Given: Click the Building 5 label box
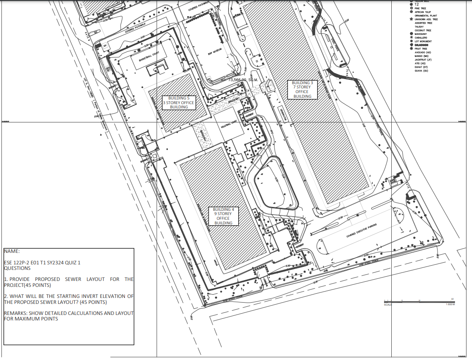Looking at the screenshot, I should coord(179,102).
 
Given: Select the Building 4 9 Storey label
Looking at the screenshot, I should coord(223,216).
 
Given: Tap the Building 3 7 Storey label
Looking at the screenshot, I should coord(302,89).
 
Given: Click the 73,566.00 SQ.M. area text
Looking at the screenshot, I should coord(243,79).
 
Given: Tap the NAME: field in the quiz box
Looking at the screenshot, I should coord(12,251).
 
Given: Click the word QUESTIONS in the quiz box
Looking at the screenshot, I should coord(17,268).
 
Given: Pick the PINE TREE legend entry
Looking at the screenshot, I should coord(421,8).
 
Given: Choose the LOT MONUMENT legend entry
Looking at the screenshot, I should coord(423,41).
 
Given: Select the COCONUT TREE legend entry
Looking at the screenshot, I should coord(423,30).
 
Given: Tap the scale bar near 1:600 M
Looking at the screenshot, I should coord(418,301).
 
